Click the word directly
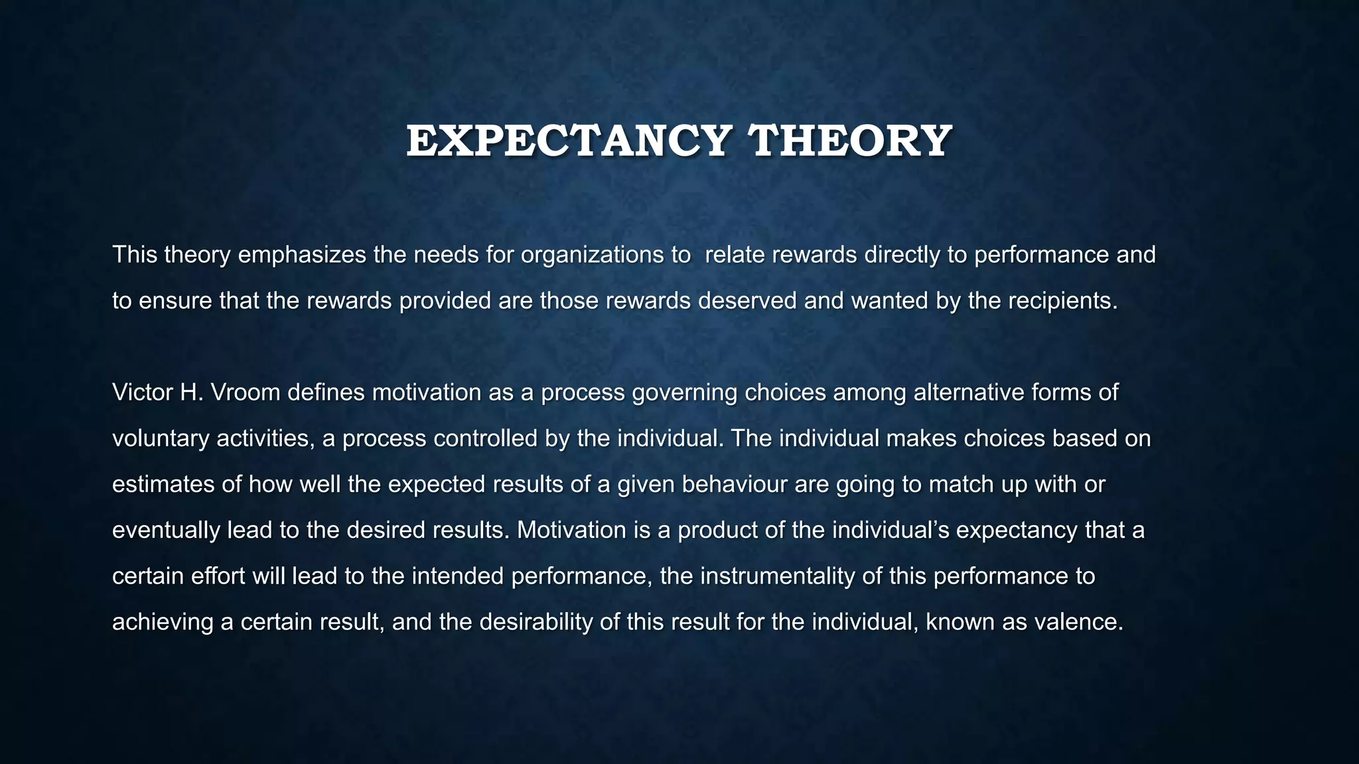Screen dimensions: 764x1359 point(902,255)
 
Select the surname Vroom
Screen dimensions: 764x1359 point(246,393)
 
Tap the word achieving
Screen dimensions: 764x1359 point(163,622)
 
